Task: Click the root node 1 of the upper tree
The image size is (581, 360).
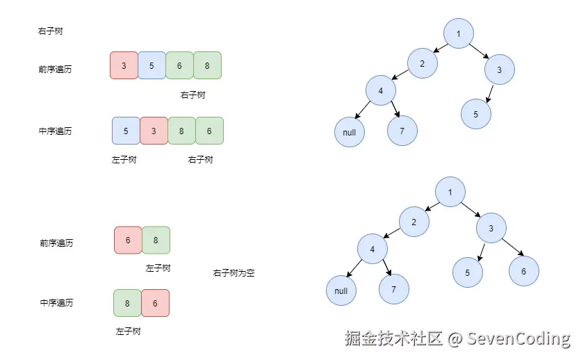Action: click(x=459, y=34)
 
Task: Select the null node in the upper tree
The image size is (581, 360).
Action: click(x=350, y=132)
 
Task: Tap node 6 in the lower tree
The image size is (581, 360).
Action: click(x=523, y=271)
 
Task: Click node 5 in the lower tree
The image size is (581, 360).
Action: click(x=468, y=273)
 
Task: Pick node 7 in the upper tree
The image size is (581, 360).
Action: click(x=402, y=131)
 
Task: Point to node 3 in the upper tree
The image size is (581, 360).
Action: click(x=500, y=69)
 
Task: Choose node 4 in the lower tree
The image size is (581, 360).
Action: click(x=373, y=249)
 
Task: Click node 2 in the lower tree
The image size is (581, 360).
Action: click(x=414, y=222)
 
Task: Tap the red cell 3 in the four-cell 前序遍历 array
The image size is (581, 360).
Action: click(x=124, y=65)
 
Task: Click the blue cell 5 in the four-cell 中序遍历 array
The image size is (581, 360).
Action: click(x=126, y=131)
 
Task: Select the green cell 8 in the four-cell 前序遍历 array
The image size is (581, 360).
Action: click(x=207, y=65)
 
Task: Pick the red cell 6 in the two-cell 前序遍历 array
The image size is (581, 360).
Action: click(x=128, y=240)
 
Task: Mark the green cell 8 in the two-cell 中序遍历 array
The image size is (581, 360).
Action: click(x=127, y=303)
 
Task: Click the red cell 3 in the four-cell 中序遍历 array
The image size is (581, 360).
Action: click(x=154, y=131)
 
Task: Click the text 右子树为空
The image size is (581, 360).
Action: click(x=234, y=273)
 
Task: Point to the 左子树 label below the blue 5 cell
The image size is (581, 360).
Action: click(x=124, y=160)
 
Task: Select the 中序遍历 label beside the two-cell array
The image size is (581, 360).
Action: click(x=56, y=303)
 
